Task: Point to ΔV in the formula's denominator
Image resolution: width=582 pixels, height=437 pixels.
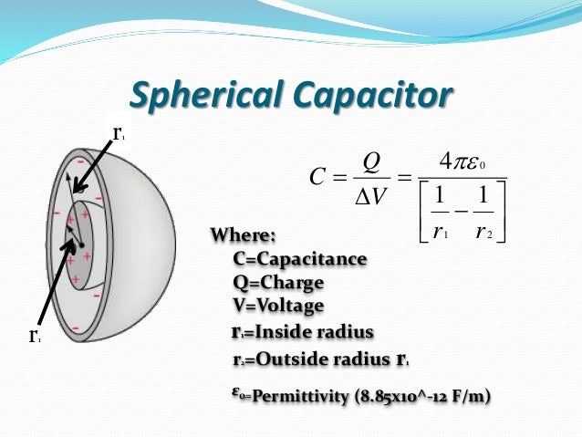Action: pyautogui.click(x=369, y=195)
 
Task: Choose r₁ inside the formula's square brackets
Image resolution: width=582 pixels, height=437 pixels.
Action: pyautogui.click(x=440, y=232)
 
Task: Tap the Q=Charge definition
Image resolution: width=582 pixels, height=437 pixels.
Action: pyautogui.click(x=273, y=283)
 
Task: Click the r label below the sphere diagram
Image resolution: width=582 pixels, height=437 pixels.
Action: pyautogui.click(x=33, y=336)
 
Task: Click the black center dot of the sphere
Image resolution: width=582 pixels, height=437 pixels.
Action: pyautogui.click(x=81, y=246)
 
